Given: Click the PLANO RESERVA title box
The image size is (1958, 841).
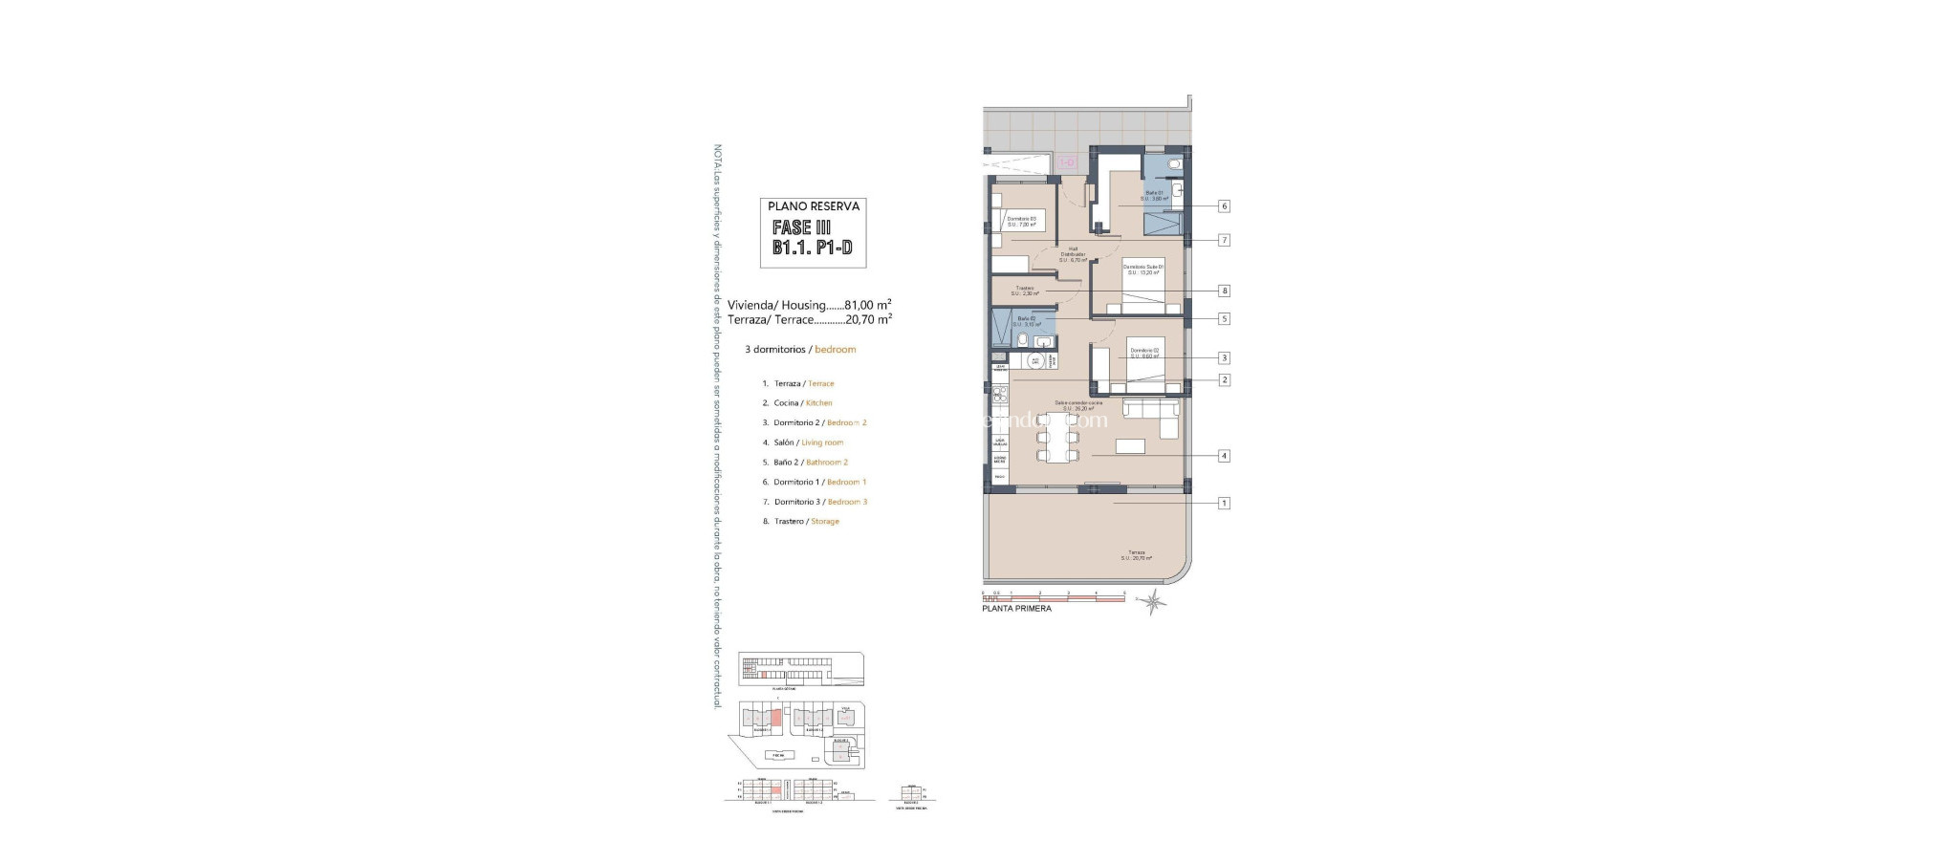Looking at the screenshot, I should pos(814,205).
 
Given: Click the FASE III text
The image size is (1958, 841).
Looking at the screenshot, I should pos(801,228).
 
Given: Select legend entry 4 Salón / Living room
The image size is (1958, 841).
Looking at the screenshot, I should pos(808,442).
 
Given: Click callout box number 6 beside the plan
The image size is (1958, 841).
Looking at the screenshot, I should pos(1224,206).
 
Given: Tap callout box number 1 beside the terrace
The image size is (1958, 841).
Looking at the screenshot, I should pos(1224,503).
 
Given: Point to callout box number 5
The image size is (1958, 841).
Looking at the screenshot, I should pos(1224,319).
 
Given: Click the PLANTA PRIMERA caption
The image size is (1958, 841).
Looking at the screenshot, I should pos(1016,609).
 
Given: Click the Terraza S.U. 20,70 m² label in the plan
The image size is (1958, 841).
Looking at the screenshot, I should pos(1136,555).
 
